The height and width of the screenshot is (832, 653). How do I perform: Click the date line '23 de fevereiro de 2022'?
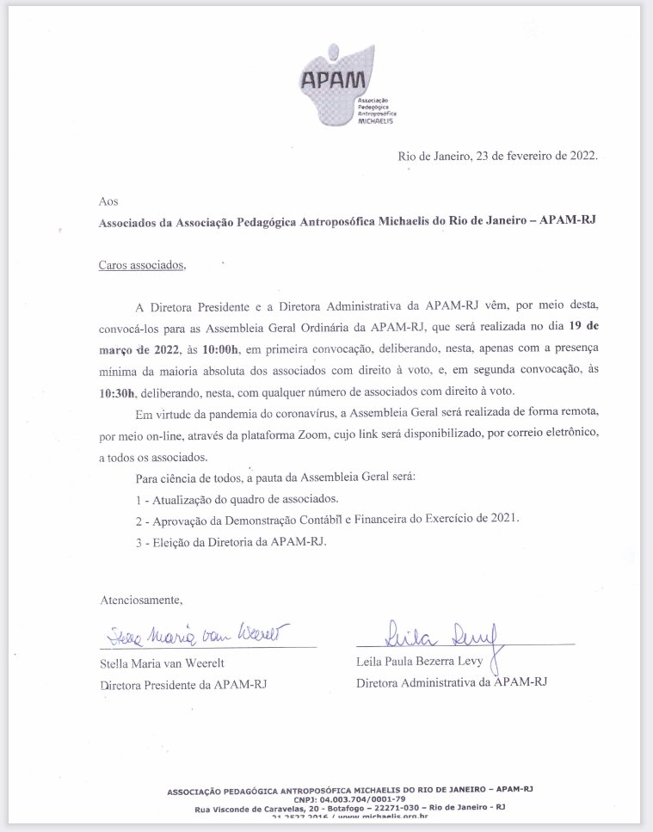(496, 156)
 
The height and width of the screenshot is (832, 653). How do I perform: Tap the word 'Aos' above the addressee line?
(108, 200)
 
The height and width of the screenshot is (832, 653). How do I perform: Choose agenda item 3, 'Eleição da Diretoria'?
(232, 542)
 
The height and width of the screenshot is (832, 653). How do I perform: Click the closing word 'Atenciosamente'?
(141, 599)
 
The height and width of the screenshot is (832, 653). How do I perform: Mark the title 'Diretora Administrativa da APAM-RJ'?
(452, 681)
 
